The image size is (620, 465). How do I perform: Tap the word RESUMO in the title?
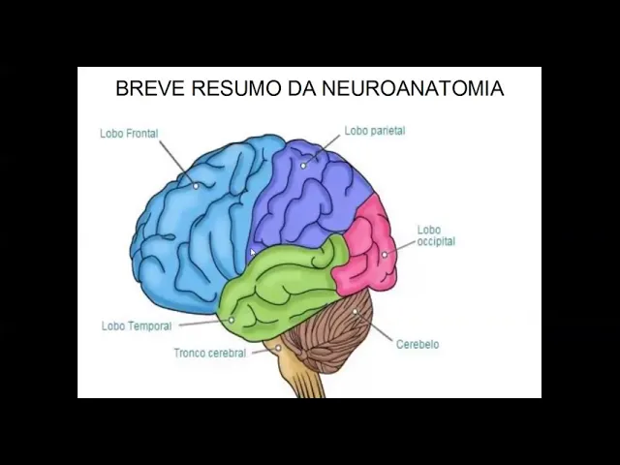(236, 89)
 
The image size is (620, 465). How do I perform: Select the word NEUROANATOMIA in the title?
(413, 89)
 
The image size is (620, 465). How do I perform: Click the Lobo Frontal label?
(129, 134)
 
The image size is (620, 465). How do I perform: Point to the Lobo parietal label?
(375, 131)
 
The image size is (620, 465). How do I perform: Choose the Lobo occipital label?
(436, 235)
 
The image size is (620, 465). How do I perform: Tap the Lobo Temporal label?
(137, 326)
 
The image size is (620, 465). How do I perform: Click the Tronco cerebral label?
(210, 354)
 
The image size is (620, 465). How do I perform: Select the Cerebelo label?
(418, 345)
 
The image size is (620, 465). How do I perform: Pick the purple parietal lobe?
(310, 194)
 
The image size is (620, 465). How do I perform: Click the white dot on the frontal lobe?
(196, 185)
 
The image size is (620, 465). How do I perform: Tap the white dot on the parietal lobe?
(303, 166)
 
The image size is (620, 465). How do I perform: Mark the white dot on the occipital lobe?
(385, 255)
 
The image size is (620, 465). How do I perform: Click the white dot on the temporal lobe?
(232, 319)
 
